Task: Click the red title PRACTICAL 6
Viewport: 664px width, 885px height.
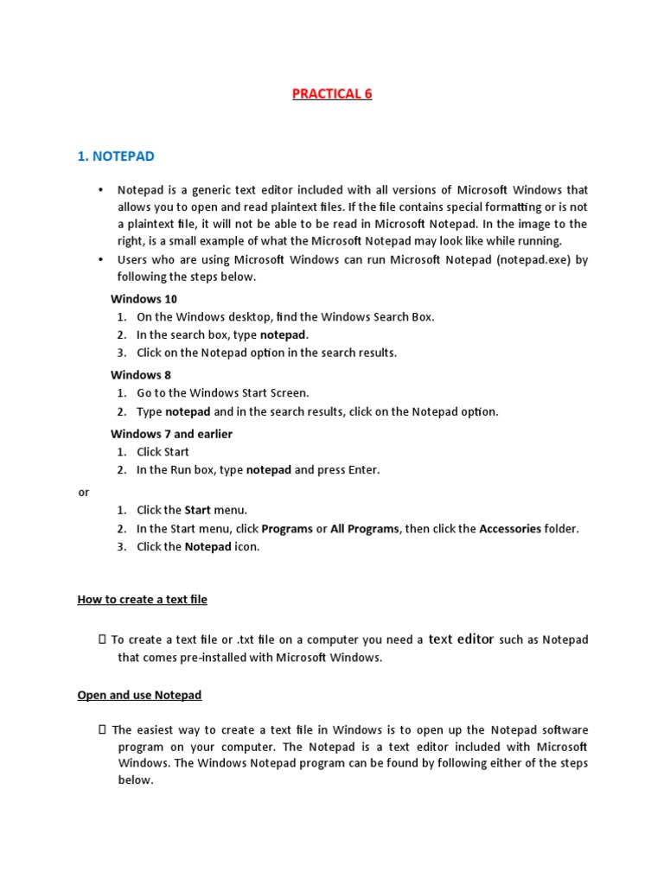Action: [x=332, y=93]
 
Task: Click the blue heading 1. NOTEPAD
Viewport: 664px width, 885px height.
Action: [x=116, y=156]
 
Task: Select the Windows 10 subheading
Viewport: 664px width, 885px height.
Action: [x=144, y=299]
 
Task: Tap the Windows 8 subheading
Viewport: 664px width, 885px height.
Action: [x=141, y=375]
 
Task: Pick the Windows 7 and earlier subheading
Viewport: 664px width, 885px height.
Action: [x=171, y=434]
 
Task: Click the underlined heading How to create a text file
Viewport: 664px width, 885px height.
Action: [x=143, y=599]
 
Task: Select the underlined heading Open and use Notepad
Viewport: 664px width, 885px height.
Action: [x=139, y=695]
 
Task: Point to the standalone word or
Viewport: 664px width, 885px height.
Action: [x=84, y=492]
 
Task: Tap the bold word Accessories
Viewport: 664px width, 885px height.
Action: [x=510, y=529]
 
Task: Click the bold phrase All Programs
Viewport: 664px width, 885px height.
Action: [x=365, y=529]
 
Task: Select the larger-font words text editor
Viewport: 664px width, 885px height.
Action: [x=461, y=640]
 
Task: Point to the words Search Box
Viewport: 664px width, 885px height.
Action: [x=402, y=317]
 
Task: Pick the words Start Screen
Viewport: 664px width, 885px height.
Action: [x=278, y=393]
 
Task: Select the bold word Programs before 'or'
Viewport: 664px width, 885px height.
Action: [x=287, y=529]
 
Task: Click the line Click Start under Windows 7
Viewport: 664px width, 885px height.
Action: [x=163, y=452]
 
